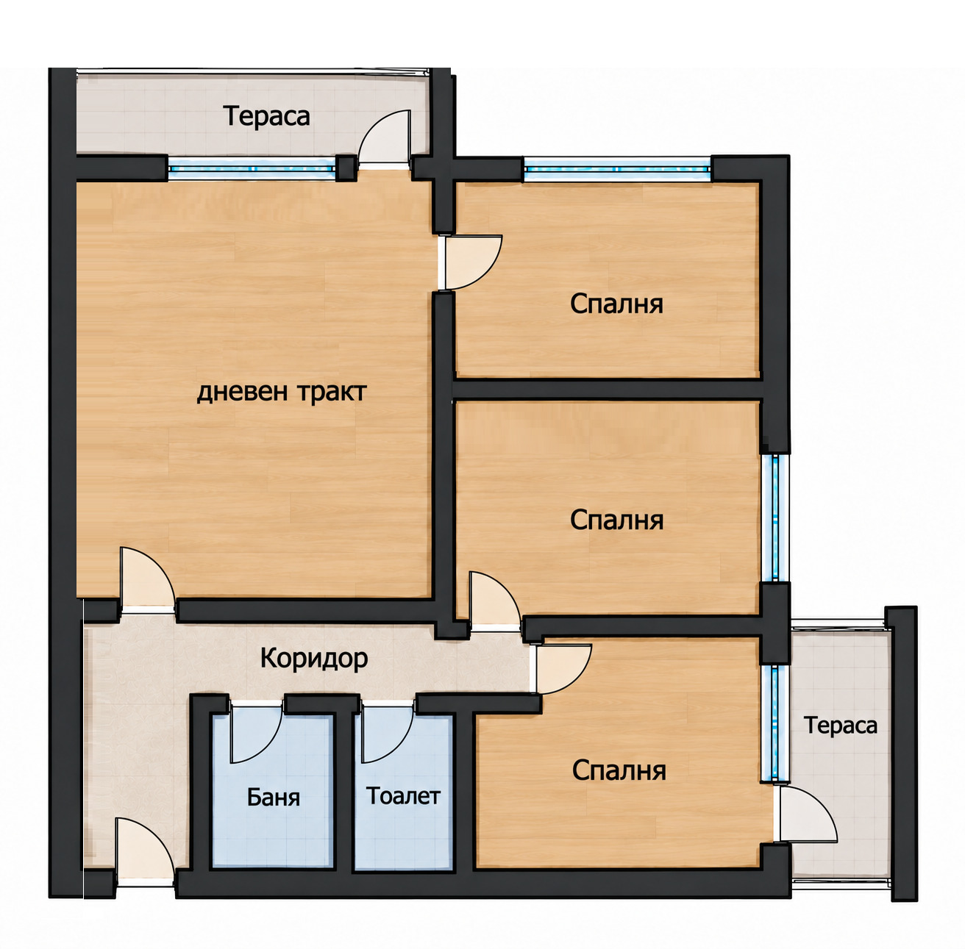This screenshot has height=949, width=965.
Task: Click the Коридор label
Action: pos(314,659)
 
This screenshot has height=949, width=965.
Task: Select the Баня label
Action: pos(273,797)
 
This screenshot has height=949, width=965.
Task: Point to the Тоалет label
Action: pos(403,795)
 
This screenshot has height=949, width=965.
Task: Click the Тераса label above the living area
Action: pos(267,115)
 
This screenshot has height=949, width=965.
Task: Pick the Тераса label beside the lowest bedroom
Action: pos(841,726)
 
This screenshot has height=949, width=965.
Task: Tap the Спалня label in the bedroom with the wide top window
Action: pos(616,304)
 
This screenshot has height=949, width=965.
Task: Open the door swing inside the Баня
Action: pos(256,734)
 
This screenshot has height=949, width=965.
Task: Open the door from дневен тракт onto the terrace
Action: pos(385,136)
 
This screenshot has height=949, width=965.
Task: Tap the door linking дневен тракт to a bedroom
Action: pos(470,262)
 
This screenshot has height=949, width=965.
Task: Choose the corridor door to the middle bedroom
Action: pos(495,599)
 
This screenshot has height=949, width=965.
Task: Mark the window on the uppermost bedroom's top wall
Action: pos(617,168)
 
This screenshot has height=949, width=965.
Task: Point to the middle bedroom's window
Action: pos(775,518)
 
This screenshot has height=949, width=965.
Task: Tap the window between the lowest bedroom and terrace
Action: pos(775,723)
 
